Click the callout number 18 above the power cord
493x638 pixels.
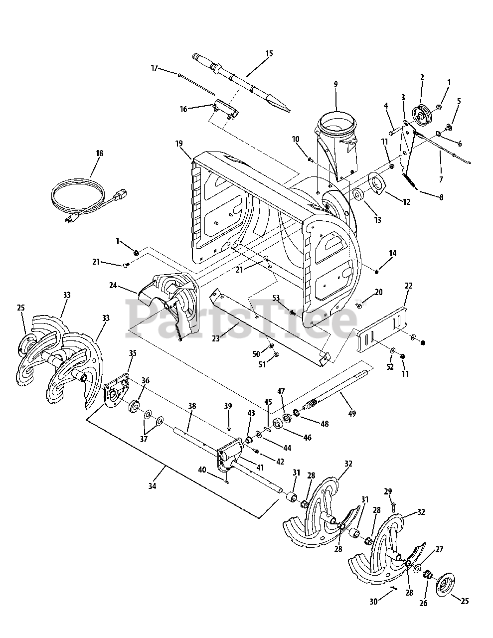coord(100,153)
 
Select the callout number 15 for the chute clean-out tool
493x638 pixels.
coord(269,53)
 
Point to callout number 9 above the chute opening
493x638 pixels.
coord(336,84)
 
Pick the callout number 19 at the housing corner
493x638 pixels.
coord(179,144)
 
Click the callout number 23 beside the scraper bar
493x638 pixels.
coord(216,338)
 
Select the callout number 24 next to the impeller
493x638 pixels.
coord(113,285)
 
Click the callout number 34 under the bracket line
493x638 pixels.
coord(152,486)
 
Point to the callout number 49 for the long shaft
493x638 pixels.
coord(352,413)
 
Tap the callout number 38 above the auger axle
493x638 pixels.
coord(192,406)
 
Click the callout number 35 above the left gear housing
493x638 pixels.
coord(133,353)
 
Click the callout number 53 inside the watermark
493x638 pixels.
coord(276,298)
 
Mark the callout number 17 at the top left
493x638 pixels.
coord(155,68)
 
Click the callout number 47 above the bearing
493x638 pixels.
coord(281,391)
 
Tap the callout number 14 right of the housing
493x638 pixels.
coord(393,253)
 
